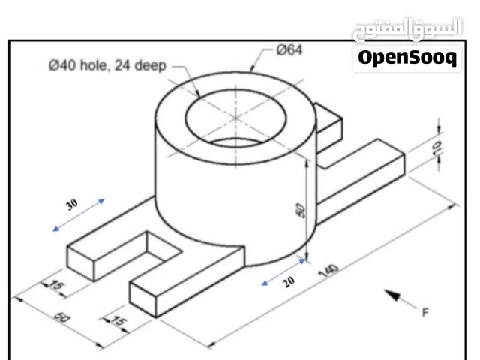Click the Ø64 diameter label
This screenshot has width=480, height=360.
point(289,50)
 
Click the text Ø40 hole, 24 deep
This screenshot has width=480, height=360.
point(106,66)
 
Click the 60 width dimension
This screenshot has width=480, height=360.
point(62,318)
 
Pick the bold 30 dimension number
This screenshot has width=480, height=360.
point(72,204)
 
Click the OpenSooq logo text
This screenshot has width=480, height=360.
point(407,58)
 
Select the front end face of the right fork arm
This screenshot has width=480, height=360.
point(142,298)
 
